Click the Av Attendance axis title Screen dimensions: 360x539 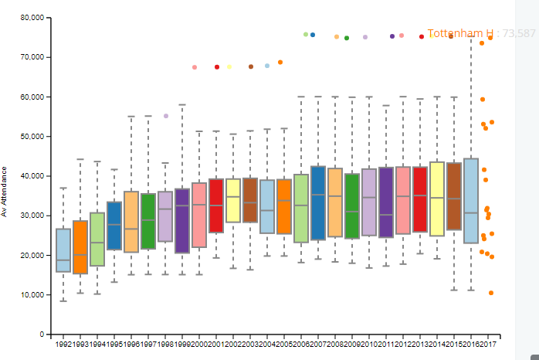click(5, 191)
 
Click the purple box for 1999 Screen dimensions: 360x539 click(182, 221)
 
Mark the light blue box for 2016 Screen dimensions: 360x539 click(471, 201)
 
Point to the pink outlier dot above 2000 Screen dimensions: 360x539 click(195, 67)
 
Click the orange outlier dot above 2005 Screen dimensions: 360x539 click(280, 62)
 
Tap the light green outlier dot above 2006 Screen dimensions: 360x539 click(306, 35)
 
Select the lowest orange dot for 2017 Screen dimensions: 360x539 click(491, 293)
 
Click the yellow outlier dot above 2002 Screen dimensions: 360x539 click(229, 67)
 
